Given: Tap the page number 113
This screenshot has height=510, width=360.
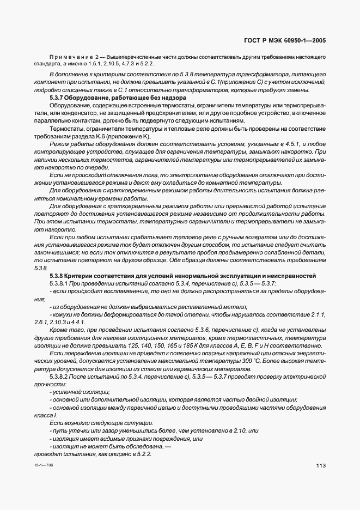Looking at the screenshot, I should (x=320, y=465).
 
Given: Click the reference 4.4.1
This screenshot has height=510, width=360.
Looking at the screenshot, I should (x=77, y=323).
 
